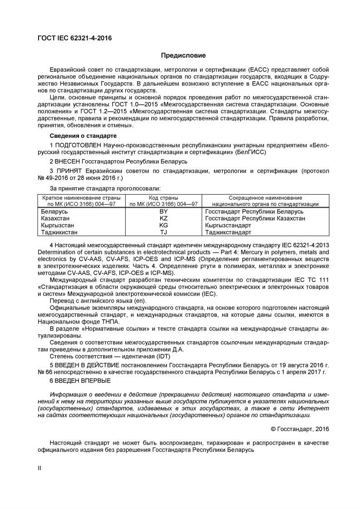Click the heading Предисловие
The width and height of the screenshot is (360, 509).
[183, 56]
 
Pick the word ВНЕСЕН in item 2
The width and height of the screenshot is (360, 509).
[68, 161]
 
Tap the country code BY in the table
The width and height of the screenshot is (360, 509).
[164, 211]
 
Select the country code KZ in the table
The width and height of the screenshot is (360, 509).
[164, 218]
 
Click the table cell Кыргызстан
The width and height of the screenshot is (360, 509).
[58, 225]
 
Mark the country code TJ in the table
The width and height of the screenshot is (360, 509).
[164, 232]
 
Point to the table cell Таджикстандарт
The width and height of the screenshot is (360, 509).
[228, 232]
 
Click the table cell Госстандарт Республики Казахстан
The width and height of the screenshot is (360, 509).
[255, 218]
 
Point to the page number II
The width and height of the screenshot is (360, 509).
[39, 468]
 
